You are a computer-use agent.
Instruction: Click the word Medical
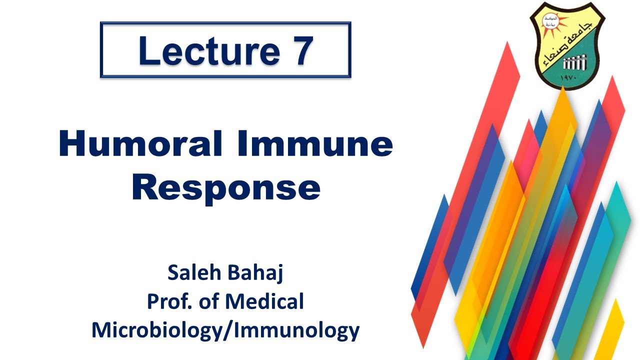[x=264, y=301]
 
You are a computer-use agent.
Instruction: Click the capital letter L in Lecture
[x=148, y=51]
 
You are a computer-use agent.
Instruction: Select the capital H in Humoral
[x=71, y=144]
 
